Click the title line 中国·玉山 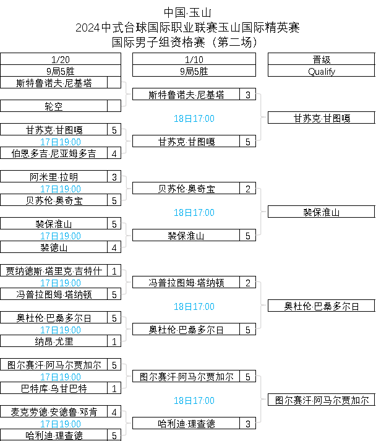[x=188, y=12]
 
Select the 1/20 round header [x=61, y=60]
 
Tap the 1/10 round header [x=194, y=60]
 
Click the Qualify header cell [x=321, y=71]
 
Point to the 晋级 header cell [x=321, y=60]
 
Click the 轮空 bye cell [x=54, y=106]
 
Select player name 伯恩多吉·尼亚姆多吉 [x=54, y=153]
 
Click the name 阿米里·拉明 [x=54, y=177]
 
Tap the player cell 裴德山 [x=54, y=247]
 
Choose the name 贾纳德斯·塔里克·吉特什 [x=54, y=271]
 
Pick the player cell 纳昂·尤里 [x=54, y=341]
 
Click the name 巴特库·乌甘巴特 [x=54, y=388]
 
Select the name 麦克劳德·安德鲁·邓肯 [x=54, y=412]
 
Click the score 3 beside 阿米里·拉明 [x=114, y=177]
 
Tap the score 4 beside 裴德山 [x=114, y=247]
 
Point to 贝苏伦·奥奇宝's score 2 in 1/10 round [x=248, y=189]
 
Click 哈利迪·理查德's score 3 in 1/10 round [x=248, y=424]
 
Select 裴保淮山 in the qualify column [x=321, y=212]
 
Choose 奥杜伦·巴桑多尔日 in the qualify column [x=321, y=306]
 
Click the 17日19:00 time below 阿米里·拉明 [x=61, y=189]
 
